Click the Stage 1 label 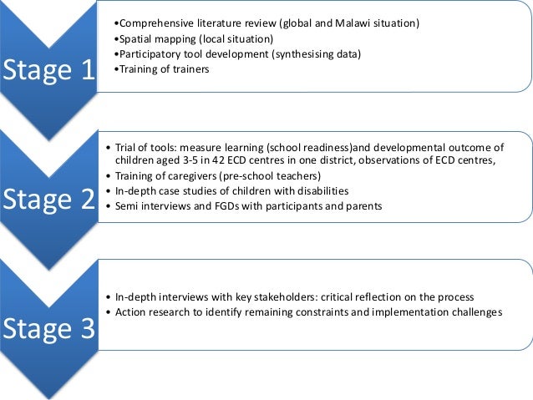click(x=48, y=73)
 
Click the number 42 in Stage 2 click(x=203, y=161)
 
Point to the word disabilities click(x=320, y=191)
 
